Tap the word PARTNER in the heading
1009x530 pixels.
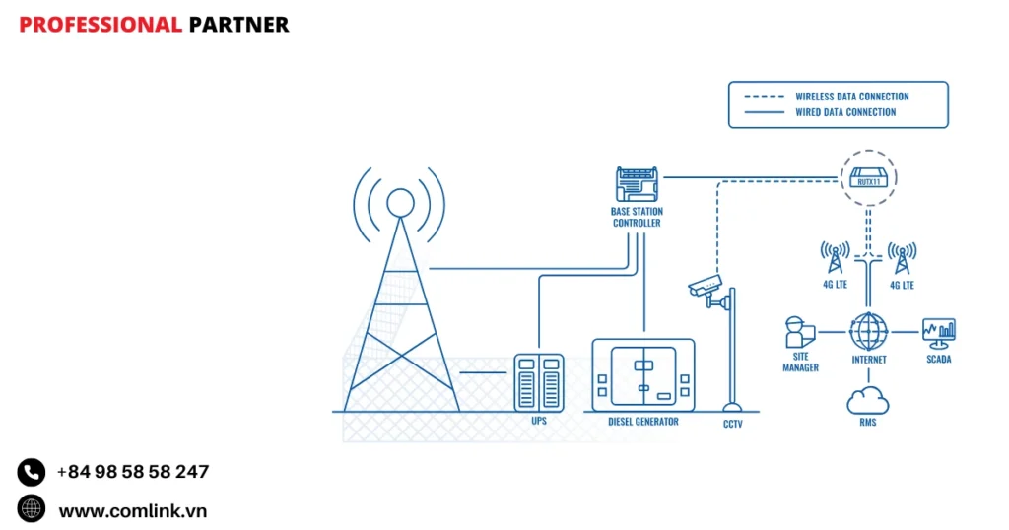[x=238, y=25]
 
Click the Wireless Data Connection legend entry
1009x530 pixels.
[x=851, y=97]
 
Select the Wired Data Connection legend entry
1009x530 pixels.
[x=845, y=112]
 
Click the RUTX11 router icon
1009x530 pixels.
[x=868, y=178]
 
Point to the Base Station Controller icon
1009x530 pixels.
[x=636, y=185]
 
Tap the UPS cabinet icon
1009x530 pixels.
[x=538, y=382]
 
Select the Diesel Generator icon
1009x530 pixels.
[x=643, y=374]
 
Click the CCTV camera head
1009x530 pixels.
[x=706, y=287]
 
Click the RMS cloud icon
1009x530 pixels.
[x=868, y=401]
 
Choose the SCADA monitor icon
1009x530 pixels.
[x=938, y=332]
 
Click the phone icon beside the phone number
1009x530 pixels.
[x=32, y=472]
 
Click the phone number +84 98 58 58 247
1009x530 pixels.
[x=132, y=472]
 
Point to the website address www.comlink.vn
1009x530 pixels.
[x=132, y=510]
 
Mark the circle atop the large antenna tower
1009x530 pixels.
[x=400, y=202]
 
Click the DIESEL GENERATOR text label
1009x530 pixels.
[x=643, y=422]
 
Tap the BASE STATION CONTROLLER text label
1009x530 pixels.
[x=636, y=217]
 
